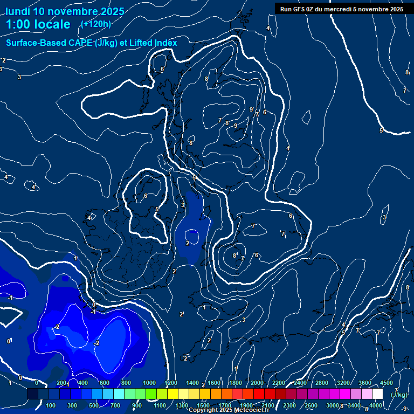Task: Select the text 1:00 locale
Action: (38, 24)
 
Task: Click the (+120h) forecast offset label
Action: (96, 24)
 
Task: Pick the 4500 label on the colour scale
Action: (387, 383)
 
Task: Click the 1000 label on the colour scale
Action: (149, 383)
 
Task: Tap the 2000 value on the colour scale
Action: (257, 383)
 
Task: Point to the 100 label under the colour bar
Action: (51, 405)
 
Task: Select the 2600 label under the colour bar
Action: (311, 405)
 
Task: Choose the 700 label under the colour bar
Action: (116, 405)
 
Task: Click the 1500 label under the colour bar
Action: (203, 405)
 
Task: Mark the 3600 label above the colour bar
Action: (365, 383)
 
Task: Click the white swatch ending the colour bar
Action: (378, 394)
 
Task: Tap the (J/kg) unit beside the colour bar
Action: (398, 395)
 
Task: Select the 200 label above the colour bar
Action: (61, 383)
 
